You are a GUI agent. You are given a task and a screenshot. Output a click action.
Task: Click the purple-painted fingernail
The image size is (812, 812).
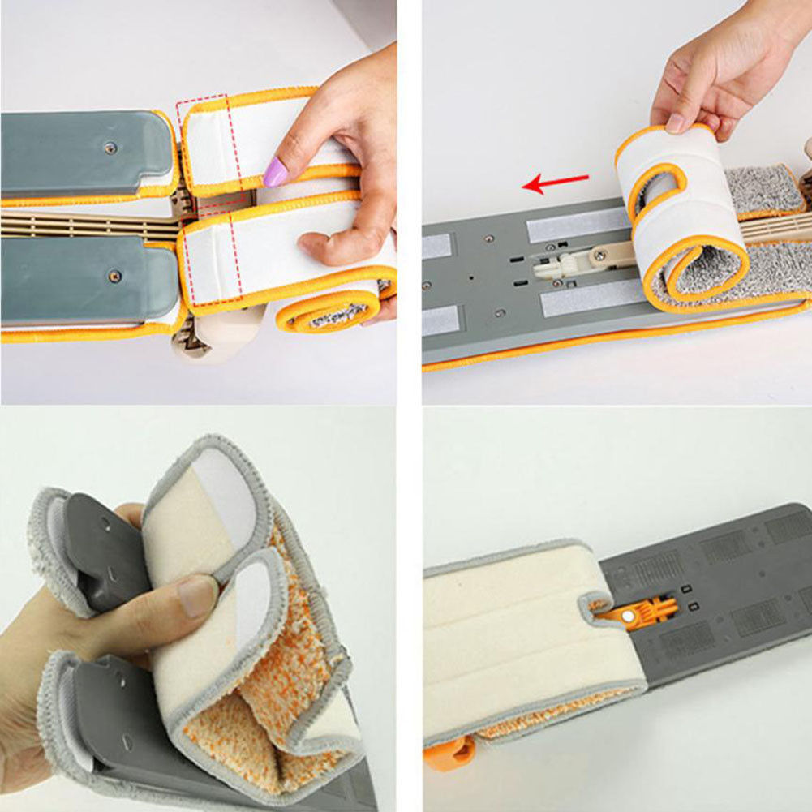click(276, 172)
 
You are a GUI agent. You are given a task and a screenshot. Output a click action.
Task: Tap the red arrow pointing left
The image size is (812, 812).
click(555, 183)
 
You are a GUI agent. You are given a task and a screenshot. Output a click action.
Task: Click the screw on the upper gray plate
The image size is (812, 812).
click(111, 148)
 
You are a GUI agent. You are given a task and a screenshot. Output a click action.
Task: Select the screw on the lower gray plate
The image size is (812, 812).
click(114, 277)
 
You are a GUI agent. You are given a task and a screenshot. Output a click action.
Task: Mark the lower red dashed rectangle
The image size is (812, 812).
click(211, 260)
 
